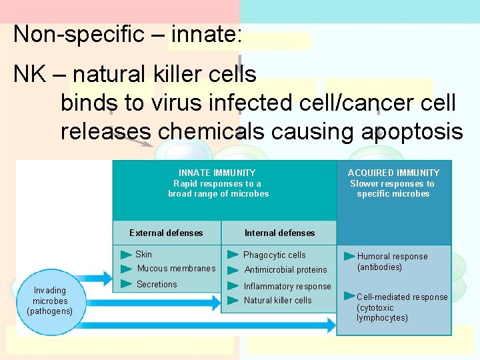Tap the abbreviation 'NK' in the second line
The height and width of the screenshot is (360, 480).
click(29, 74)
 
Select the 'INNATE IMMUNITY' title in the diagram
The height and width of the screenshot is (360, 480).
click(217, 173)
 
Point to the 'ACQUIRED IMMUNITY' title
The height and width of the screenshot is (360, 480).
click(393, 173)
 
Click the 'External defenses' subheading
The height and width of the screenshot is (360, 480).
click(166, 233)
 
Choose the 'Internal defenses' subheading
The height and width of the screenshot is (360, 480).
click(279, 233)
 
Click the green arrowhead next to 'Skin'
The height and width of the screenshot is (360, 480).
click(126, 255)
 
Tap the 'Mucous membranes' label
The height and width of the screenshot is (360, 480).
click(176, 269)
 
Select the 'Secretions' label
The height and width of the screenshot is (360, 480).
click(157, 285)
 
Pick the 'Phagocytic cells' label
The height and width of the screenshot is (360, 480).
click(274, 255)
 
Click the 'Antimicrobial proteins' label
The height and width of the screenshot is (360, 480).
click(285, 270)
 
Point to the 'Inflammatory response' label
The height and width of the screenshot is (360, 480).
click(287, 287)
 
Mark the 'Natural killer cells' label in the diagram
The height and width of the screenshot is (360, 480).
click(277, 301)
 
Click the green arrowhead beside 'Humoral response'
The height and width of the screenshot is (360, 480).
click(349, 257)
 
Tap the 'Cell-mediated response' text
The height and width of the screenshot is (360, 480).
click(402, 297)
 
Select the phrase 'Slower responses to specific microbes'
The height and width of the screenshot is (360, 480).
click(393, 189)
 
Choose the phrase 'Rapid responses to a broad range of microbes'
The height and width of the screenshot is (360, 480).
click(218, 189)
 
